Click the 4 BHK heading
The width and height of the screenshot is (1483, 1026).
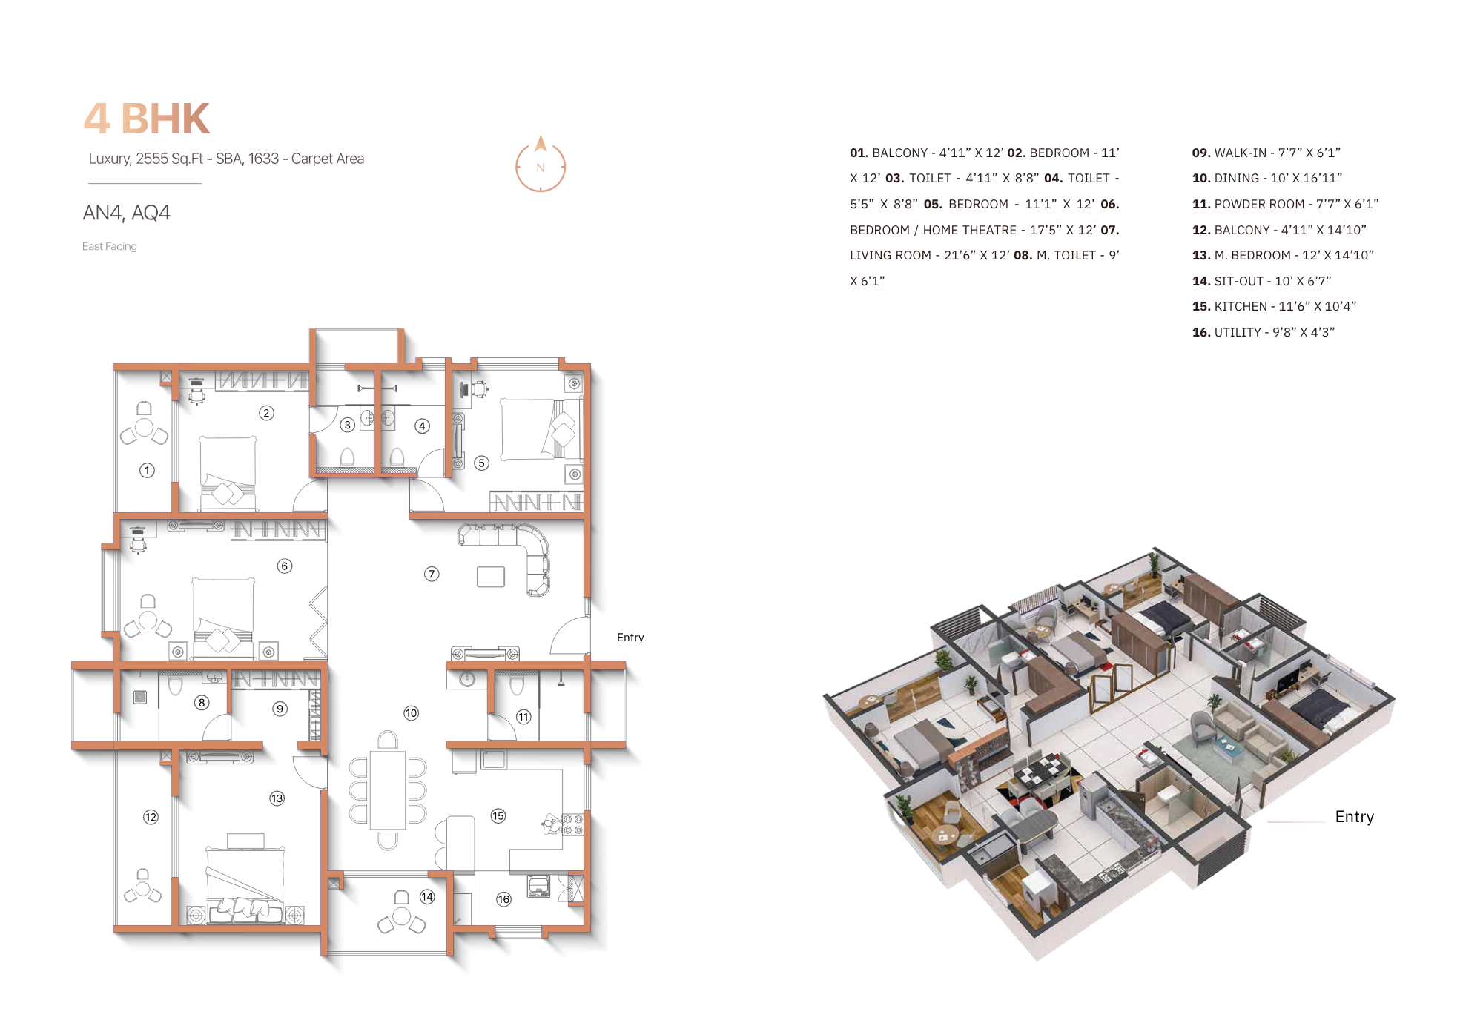147,119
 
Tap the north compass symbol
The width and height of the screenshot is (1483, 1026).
541,165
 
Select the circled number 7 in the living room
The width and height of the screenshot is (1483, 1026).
432,574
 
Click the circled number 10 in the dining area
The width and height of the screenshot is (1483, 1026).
411,713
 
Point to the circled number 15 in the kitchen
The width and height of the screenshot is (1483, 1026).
498,815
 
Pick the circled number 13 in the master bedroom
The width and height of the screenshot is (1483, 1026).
277,798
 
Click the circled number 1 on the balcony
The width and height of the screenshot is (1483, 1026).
147,470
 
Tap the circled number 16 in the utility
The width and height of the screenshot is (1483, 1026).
503,899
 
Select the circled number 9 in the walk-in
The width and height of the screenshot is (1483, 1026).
280,709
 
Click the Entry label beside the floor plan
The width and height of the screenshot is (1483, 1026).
630,638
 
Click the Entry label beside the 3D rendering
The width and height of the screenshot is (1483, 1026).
1354,817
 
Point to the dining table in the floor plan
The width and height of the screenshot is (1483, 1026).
388,790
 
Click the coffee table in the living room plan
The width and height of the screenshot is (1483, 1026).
491,576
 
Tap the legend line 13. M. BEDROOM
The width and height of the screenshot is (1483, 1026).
1283,255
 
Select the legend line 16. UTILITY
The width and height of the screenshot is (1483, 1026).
1263,332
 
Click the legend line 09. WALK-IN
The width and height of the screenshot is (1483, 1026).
1266,153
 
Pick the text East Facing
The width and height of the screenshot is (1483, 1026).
110,246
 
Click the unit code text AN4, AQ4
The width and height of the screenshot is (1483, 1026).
126,213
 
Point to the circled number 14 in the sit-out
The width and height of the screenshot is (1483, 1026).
427,897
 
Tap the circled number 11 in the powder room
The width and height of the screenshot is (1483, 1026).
523,717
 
